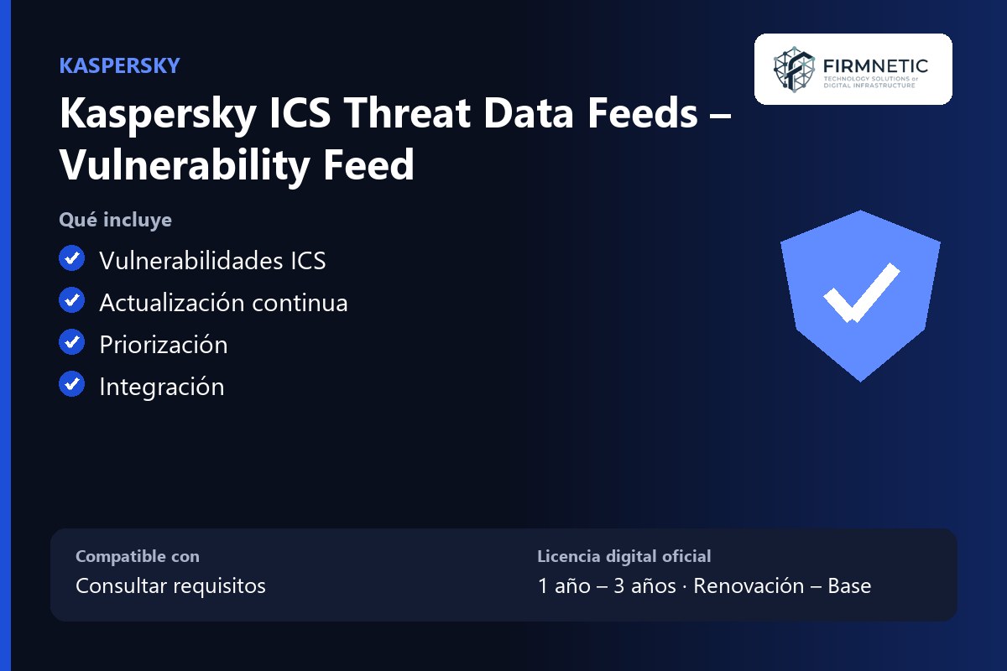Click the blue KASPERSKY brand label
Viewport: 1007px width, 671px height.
tap(119, 65)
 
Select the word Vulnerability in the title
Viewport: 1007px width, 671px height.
tap(185, 165)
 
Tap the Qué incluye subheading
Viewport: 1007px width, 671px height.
tap(116, 220)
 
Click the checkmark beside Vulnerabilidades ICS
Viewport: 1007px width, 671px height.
tap(72, 258)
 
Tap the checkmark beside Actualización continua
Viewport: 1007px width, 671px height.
tap(72, 299)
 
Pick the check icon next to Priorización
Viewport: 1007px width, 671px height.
tap(72, 341)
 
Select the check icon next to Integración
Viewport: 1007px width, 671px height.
tap(72, 384)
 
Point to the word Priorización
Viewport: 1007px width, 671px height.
tap(164, 345)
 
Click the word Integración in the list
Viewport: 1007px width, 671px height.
tap(162, 387)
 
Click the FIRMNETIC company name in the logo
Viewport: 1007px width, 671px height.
tap(875, 66)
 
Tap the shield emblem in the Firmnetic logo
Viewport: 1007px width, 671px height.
tap(794, 70)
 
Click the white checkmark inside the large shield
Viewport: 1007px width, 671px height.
tap(861, 293)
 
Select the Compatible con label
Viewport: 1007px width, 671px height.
tap(138, 556)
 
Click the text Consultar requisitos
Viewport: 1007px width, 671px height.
tap(171, 585)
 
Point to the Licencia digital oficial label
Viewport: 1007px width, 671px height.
tap(624, 556)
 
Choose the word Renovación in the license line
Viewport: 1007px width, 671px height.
tap(749, 585)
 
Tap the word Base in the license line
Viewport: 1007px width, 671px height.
tap(849, 585)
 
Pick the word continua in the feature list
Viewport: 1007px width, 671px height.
tap(300, 303)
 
